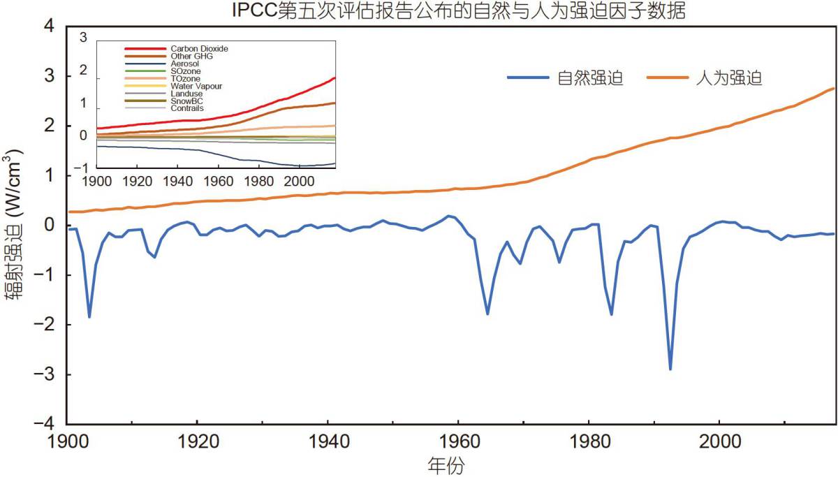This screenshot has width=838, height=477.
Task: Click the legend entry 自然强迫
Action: (x=590, y=78)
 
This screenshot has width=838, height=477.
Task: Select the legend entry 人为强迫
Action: (x=729, y=78)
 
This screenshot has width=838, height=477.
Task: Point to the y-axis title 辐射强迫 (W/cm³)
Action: (x=15, y=225)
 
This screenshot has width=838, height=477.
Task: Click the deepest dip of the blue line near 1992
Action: (x=670, y=369)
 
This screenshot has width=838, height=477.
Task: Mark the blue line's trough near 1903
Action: (x=89, y=316)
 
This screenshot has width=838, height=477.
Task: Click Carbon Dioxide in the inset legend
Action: (x=200, y=48)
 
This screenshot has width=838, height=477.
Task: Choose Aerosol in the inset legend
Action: (x=185, y=64)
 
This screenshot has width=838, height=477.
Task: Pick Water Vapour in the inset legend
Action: (x=196, y=86)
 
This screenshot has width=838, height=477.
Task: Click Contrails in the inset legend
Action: (x=187, y=108)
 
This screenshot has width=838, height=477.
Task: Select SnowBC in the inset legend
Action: (x=186, y=101)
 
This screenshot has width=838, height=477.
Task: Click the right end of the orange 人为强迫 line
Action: (x=835, y=88)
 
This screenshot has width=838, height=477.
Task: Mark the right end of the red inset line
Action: (x=335, y=78)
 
